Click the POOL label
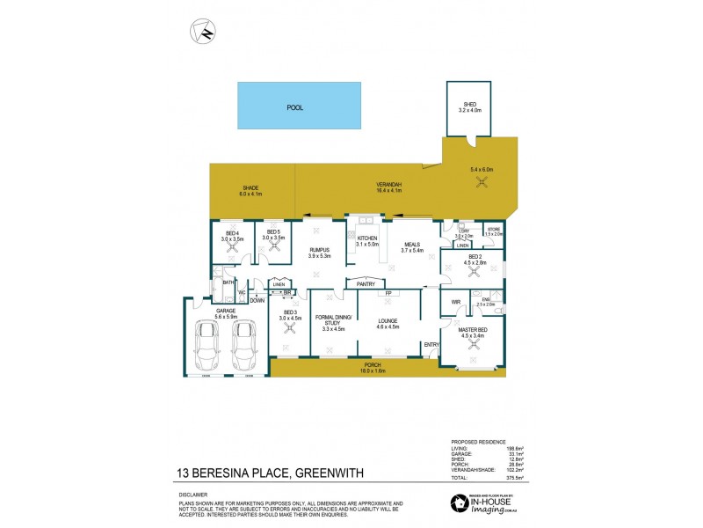pos(295,107)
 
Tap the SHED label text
pos(469,104)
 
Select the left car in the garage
pos(207,344)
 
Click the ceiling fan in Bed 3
pos(289,333)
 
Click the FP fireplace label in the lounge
pos(388,292)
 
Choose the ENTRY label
pos(431,344)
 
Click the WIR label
pos(455,302)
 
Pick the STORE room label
pos(493,229)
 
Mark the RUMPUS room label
pos(319,249)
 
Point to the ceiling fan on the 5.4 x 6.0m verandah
pos(482,182)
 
